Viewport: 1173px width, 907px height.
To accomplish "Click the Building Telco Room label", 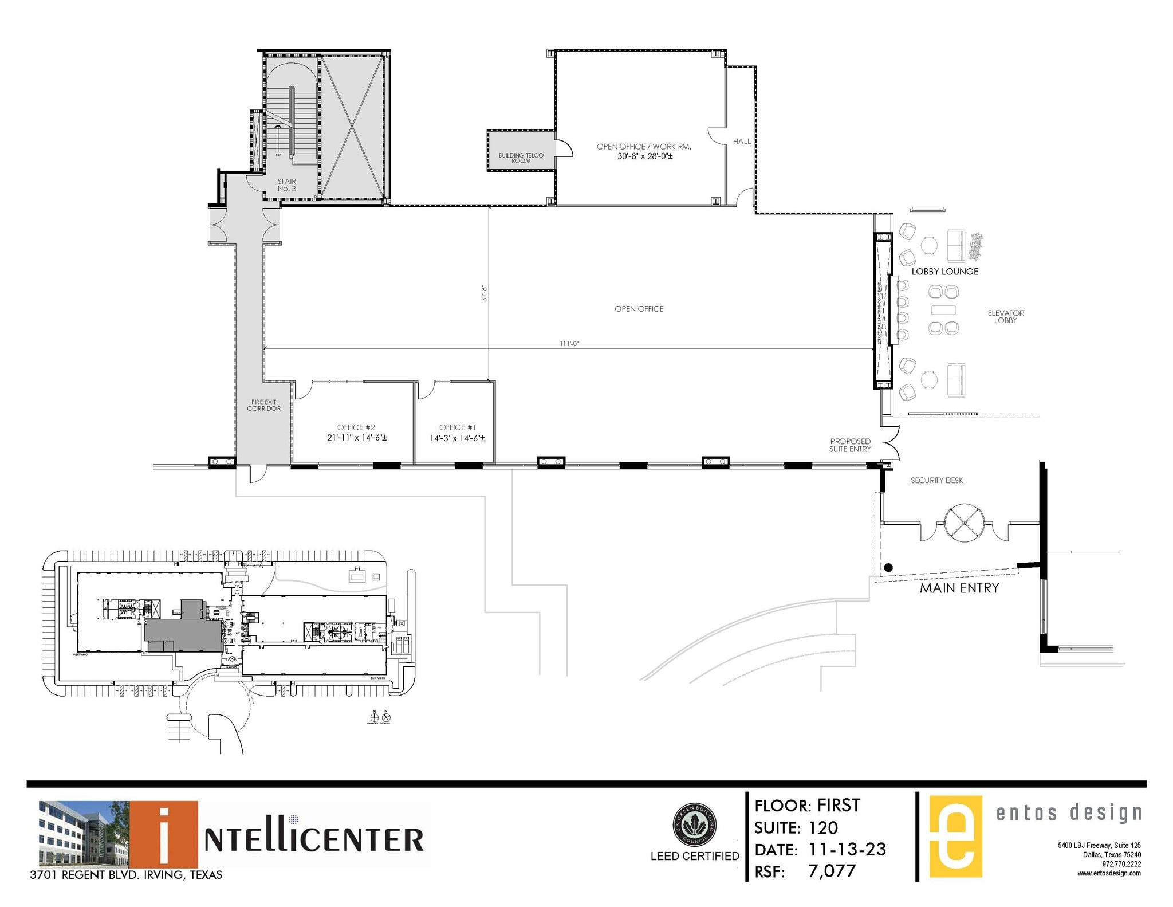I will tap(521, 158).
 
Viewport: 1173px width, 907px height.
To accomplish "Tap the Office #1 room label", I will tap(457, 427).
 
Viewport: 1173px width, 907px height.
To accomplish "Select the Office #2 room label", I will tap(356, 427).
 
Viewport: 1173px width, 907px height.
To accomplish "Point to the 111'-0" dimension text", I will tap(569, 344).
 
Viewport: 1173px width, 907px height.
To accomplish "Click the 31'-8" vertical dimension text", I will tap(484, 293).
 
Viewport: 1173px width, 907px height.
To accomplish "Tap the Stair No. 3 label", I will tap(286, 184).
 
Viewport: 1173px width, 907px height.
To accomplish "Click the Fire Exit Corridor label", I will tap(263, 405).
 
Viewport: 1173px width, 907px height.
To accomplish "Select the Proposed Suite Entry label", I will tap(850, 445).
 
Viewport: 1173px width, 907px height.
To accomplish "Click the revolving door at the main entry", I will tap(965, 523).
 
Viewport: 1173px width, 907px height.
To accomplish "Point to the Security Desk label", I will tap(936, 480).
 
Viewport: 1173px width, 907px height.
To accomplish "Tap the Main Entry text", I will tap(959, 588).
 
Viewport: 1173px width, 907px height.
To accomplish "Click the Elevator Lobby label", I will tap(1005, 316).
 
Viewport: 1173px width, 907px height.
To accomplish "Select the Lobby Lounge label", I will tap(944, 272).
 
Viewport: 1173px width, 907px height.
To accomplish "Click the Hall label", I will tap(741, 141).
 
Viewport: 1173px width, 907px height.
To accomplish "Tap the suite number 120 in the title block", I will tap(823, 827).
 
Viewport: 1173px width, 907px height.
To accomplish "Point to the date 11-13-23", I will tap(847, 849).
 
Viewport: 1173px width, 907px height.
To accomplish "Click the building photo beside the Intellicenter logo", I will tap(84, 834).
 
